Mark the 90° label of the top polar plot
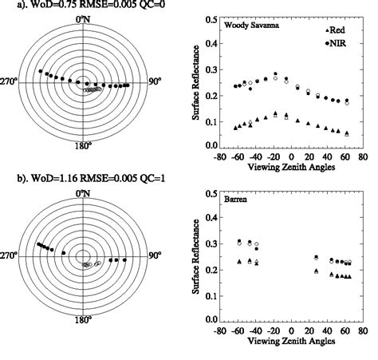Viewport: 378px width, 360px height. point(158,81)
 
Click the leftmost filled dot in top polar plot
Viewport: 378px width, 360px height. point(40,72)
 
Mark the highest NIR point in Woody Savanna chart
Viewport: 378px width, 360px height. point(276,73)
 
